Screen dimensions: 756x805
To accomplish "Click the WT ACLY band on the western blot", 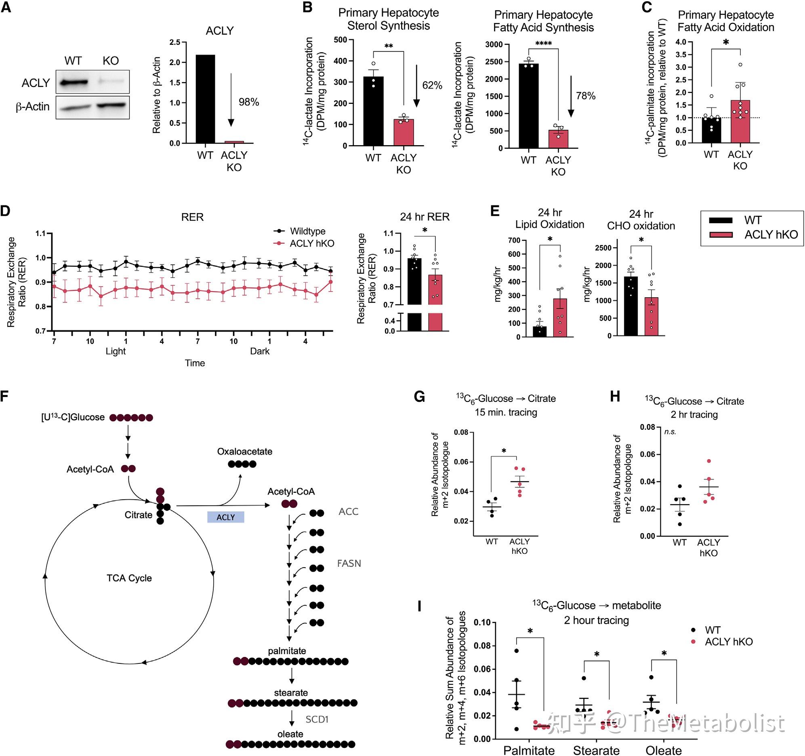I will click(74, 82).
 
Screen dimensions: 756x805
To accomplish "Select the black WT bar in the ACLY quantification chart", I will click(205, 99).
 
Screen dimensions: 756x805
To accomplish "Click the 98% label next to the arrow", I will click(249, 102).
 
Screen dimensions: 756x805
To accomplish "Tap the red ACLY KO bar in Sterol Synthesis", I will click(404, 132).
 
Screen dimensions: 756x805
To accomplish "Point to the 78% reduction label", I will click(586, 96).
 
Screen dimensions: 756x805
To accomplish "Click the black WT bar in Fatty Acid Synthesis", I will click(528, 106).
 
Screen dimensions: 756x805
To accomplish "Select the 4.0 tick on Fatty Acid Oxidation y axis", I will click(681, 42).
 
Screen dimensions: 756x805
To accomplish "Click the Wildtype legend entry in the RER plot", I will click(307, 231).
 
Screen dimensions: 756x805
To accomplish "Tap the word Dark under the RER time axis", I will click(260, 351).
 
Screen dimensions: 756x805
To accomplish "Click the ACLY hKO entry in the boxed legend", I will click(771, 234).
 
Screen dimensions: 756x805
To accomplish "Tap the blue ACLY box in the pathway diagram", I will click(225, 517).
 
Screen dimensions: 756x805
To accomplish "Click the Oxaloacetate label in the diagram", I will click(245, 452).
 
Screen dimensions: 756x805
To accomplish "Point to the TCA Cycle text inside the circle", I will click(129, 578).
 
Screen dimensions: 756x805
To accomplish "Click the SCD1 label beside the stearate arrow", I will click(317, 719).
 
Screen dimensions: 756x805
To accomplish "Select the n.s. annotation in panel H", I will click(670, 432).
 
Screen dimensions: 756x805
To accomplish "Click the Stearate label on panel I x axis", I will click(596, 750).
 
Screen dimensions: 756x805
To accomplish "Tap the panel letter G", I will click(420, 397).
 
